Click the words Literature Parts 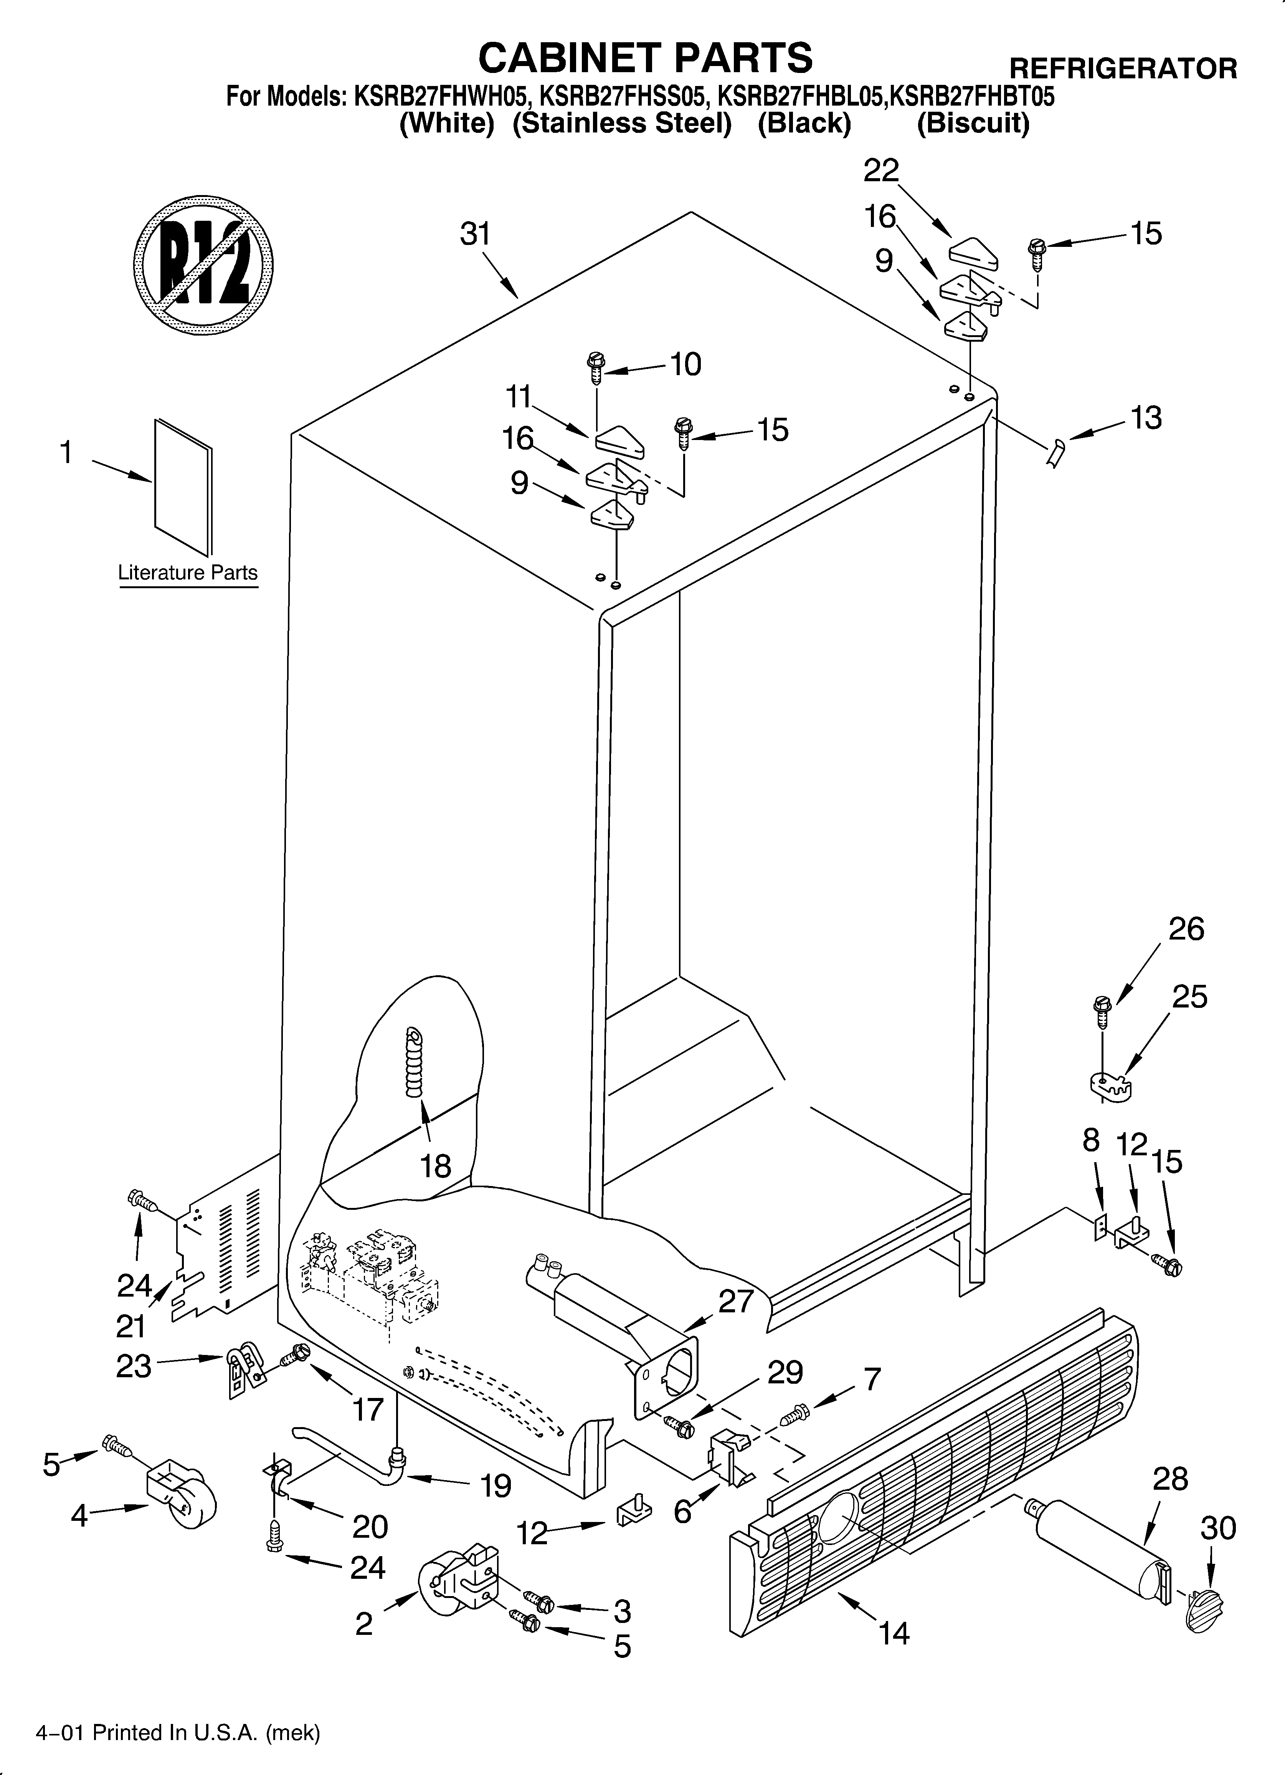188,573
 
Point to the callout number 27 736,1301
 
